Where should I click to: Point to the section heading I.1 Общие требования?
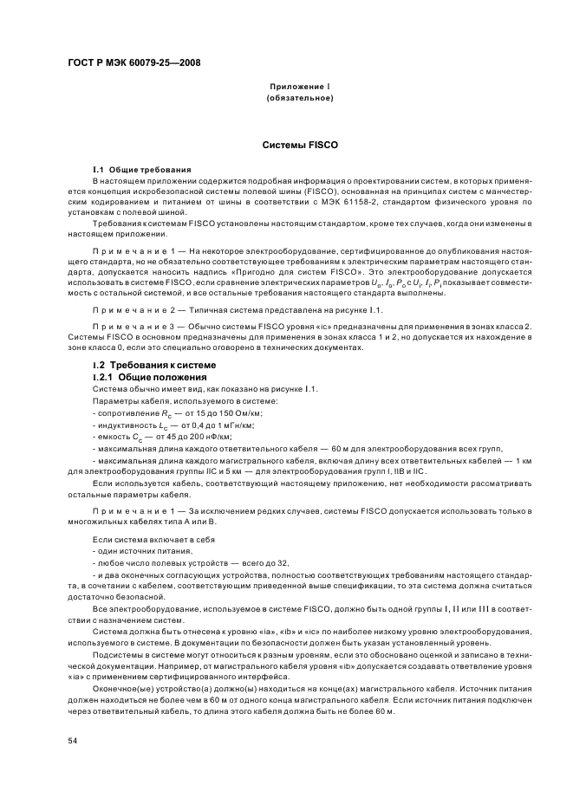(142, 169)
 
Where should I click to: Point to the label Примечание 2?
(125, 309)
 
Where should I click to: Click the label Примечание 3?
(125, 326)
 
